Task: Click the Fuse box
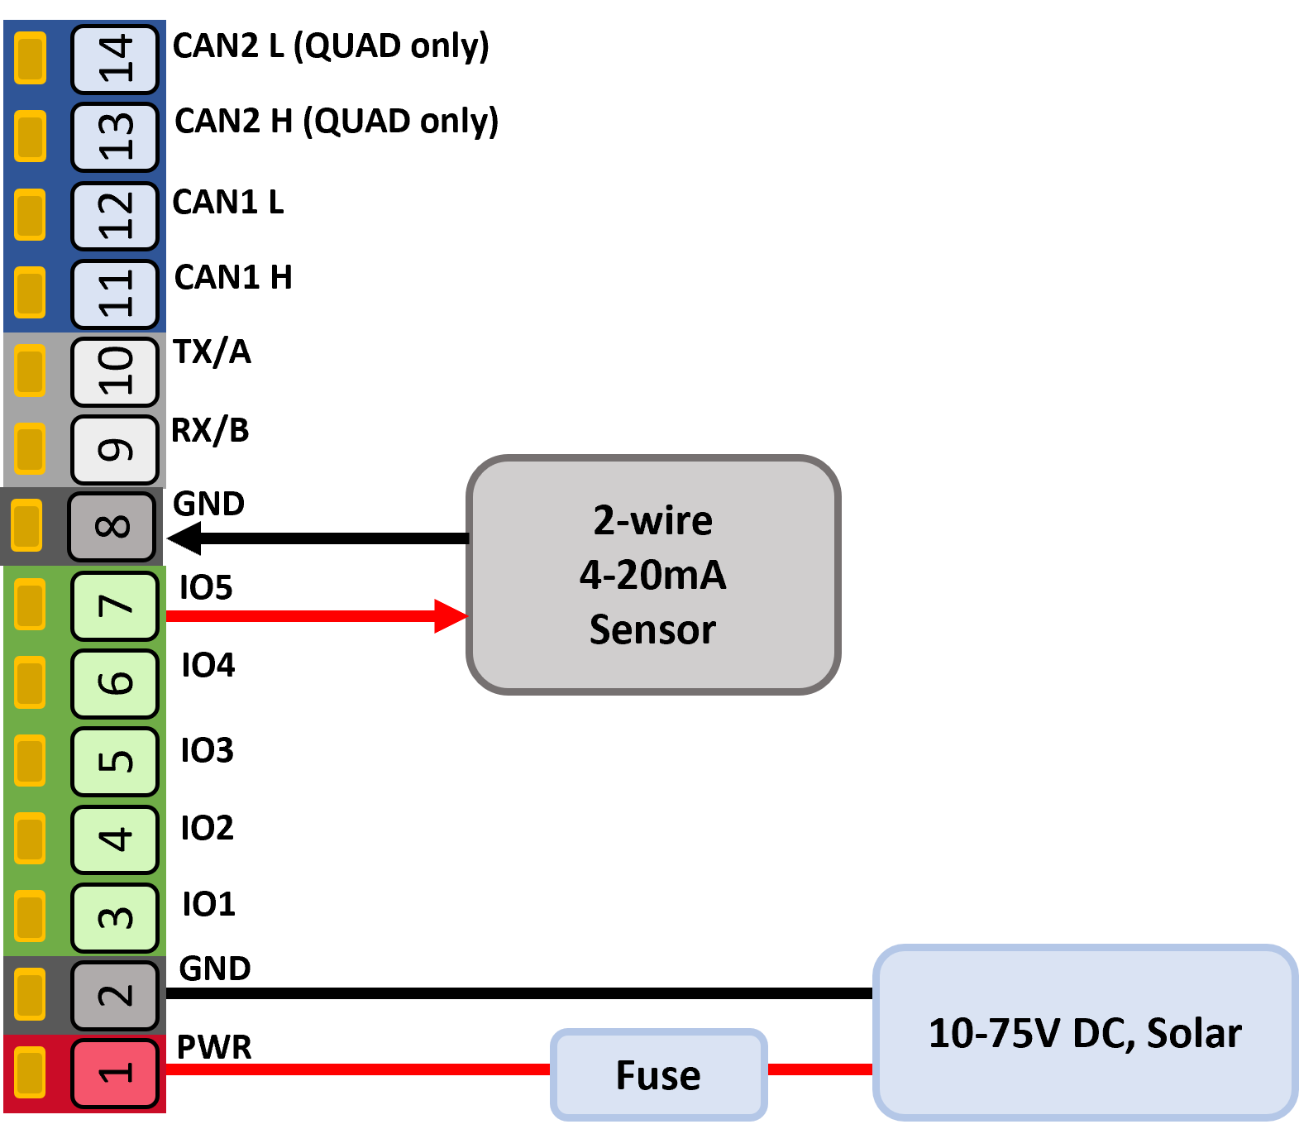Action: tap(659, 1074)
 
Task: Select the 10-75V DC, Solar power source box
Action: tap(1086, 1032)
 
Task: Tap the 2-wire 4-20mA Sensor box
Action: tap(653, 575)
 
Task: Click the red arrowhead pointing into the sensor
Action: tap(451, 616)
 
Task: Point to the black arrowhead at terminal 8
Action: tap(184, 538)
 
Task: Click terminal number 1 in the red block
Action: tap(115, 1074)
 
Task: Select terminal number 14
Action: tap(115, 59)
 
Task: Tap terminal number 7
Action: tap(115, 606)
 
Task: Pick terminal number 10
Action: tap(115, 371)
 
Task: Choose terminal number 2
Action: tap(115, 995)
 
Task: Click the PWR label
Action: tap(214, 1047)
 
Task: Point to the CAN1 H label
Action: tap(233, 277)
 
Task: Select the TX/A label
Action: tap(212, 352)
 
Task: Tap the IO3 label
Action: tap(208, 750)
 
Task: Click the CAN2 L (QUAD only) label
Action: tap(331, 46)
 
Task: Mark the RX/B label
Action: tap(210, 430)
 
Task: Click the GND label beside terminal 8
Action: tap(209, 504)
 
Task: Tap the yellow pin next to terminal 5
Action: tap(30, 760)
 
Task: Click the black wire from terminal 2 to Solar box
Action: tap(519, 993)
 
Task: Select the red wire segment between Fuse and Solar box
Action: tap(820, 1069)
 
